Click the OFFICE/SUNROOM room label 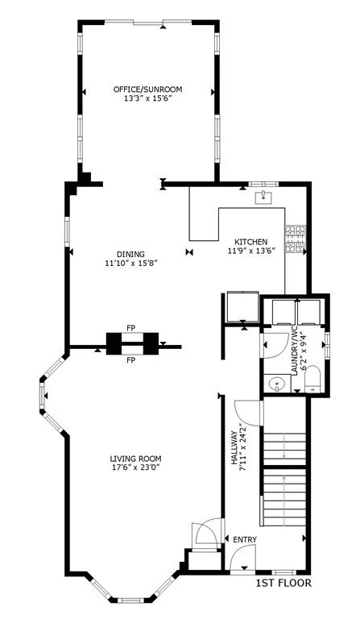click(x=147, y=89)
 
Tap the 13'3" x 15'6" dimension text click(x=147, y=98)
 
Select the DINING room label click(x=130, y=254)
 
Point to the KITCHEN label click(x=251, y=242)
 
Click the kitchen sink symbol click(x=263, y=197)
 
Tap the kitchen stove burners click(x=296, y=239)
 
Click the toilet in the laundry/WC click(x=313, y=380)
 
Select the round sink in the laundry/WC click(x=277, y=384)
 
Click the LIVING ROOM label click(x=135, y=459)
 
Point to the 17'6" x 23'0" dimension click(x=135, y=467)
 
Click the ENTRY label click(x=245, y=540)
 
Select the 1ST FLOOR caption click(x=283, y=583)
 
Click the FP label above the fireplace click(x=131, y=328)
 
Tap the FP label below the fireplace click(x=131, y=360)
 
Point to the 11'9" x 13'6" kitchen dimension click(x=251, y=251)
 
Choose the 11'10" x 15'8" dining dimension click(x=131, y=263)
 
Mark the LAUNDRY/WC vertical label click(x=298, y=353)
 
